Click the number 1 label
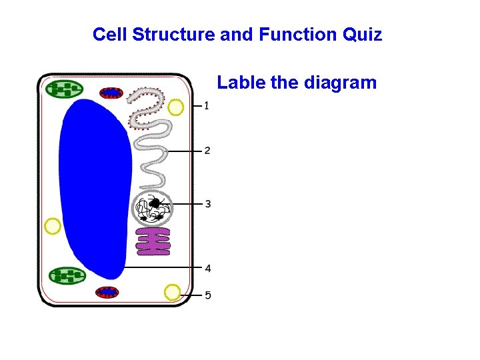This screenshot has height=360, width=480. pos(207,105)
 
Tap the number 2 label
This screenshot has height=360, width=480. pos(207,151)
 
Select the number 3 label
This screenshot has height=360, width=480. pos(208,203)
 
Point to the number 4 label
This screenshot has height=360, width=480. pos(208,268)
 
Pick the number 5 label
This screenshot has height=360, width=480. pos(208,295)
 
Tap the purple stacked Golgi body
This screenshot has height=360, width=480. pos(153,241)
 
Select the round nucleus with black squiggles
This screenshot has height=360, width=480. pos(153,208)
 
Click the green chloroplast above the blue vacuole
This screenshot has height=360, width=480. pos(65,89)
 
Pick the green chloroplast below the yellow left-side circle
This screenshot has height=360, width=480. pos(68,275)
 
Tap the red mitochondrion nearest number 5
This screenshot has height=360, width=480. pos(107,292)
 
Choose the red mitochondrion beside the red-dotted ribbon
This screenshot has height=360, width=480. pos(111,93)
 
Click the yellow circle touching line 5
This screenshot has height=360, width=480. pos(173,292)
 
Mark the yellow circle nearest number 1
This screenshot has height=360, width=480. pos(176,107)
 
